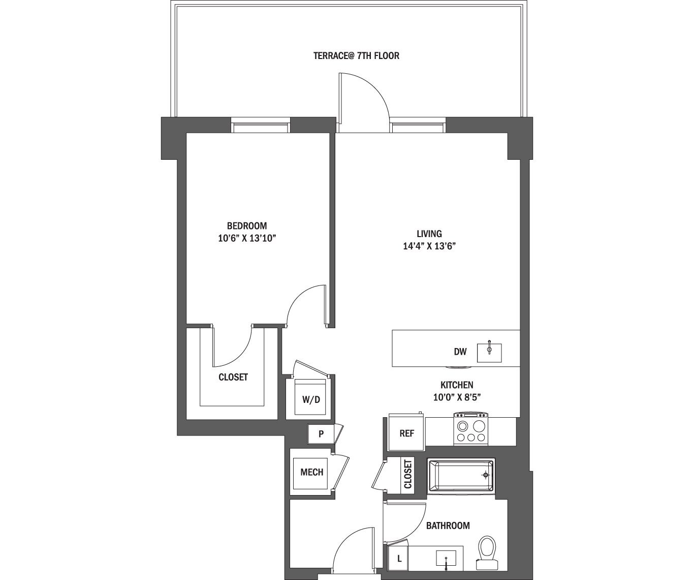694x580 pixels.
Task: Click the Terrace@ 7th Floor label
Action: (x=356, y=55)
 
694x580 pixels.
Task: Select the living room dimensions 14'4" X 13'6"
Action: (x=429, y=246)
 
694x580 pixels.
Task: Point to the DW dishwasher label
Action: (x=460, y=352)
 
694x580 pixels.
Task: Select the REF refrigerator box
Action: (x=406, y=433)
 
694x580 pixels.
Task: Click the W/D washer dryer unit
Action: (x=311, y=399)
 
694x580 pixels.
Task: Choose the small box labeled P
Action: (x=321, y=434)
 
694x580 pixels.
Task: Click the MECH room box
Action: (x=311, y=472)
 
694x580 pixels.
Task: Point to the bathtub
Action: (x=461, y=476)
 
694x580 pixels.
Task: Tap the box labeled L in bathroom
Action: (x=399, y=559)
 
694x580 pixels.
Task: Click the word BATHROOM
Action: (x=448, y=526)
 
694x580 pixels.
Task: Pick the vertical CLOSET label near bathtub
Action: (x=407, y=475)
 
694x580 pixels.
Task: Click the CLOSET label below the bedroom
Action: (x=233, y=377)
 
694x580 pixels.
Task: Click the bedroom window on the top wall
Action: (x=261, y=125)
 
